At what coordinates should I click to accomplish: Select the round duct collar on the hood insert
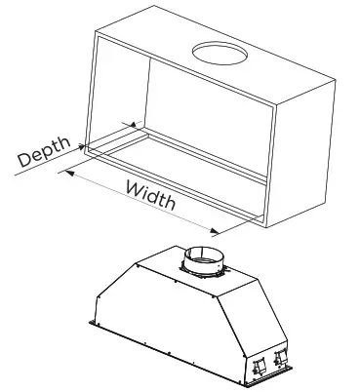click(204, 261)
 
